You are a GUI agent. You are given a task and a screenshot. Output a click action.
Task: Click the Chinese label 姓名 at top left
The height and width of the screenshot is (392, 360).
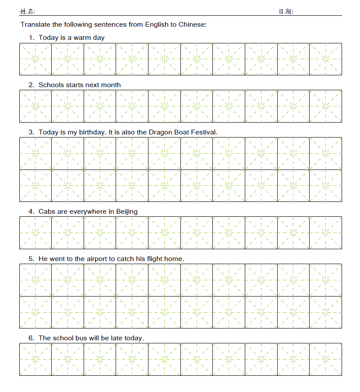point(27,11)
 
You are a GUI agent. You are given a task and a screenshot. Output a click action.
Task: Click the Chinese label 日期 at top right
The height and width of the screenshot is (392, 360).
point(286,11)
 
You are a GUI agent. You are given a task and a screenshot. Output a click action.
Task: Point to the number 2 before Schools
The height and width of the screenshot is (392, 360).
point(31,85)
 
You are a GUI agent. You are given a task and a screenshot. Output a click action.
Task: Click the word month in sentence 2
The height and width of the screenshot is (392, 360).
point(111,85)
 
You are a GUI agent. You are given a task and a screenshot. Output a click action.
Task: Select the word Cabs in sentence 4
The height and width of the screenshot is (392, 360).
point(46,212)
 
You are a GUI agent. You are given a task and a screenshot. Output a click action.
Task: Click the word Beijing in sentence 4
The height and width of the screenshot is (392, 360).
point(127,212)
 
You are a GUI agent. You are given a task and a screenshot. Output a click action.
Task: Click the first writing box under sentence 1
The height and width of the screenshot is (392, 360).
point(35,59)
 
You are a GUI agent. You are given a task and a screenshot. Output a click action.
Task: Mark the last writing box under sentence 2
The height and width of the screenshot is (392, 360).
point(325,106)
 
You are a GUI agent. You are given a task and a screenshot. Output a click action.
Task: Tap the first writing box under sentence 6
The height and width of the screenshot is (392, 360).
point(35,360)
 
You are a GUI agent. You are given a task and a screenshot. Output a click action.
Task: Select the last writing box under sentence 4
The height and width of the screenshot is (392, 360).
point(325,233)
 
